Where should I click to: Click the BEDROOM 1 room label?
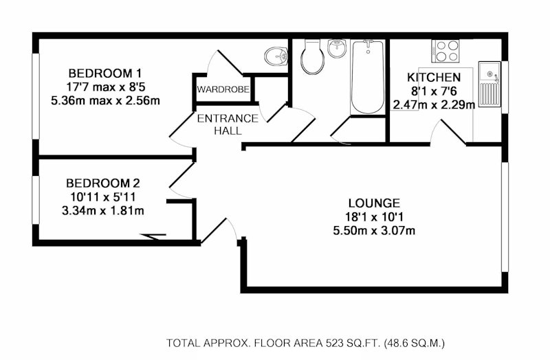(x=105, y=74)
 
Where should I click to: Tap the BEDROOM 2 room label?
(x=102, y=183)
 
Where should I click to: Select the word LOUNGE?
(x=374, y=203)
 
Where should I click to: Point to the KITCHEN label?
(x=434, y=77)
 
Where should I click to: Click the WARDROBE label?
(x=223, y=89)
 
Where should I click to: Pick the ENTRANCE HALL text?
(x=228, y=124)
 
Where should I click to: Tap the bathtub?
(x=368, y=76)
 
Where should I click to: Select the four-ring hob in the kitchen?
(x=445, y=51)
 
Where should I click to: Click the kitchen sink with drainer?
(x=489, y=84)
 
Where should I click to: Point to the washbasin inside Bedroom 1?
(x=276, y=56)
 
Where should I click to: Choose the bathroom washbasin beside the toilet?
(x=337, y=48)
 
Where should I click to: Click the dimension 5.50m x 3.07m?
(x=374, y=231)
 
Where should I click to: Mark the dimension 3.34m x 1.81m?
(x=102, y=211)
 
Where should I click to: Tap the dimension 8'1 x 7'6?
(x=434, y=91)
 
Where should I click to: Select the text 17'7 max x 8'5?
(x=105, y=87)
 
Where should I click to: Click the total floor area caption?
(x=305, y=342)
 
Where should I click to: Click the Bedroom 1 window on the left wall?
(x=36, y=96)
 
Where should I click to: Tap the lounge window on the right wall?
(x=505, y=217)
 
